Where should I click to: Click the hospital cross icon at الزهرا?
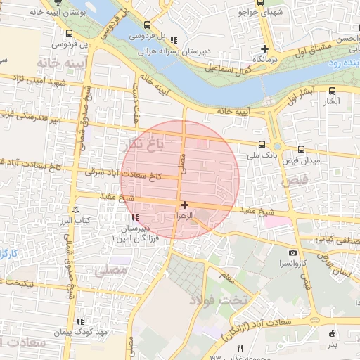(184, 205)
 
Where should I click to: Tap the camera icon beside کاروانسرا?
(292, 253)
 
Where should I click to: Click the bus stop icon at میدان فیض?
(301, 149)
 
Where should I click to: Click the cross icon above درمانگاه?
(264, 49)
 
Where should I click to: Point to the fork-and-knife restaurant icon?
(240, 348)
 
